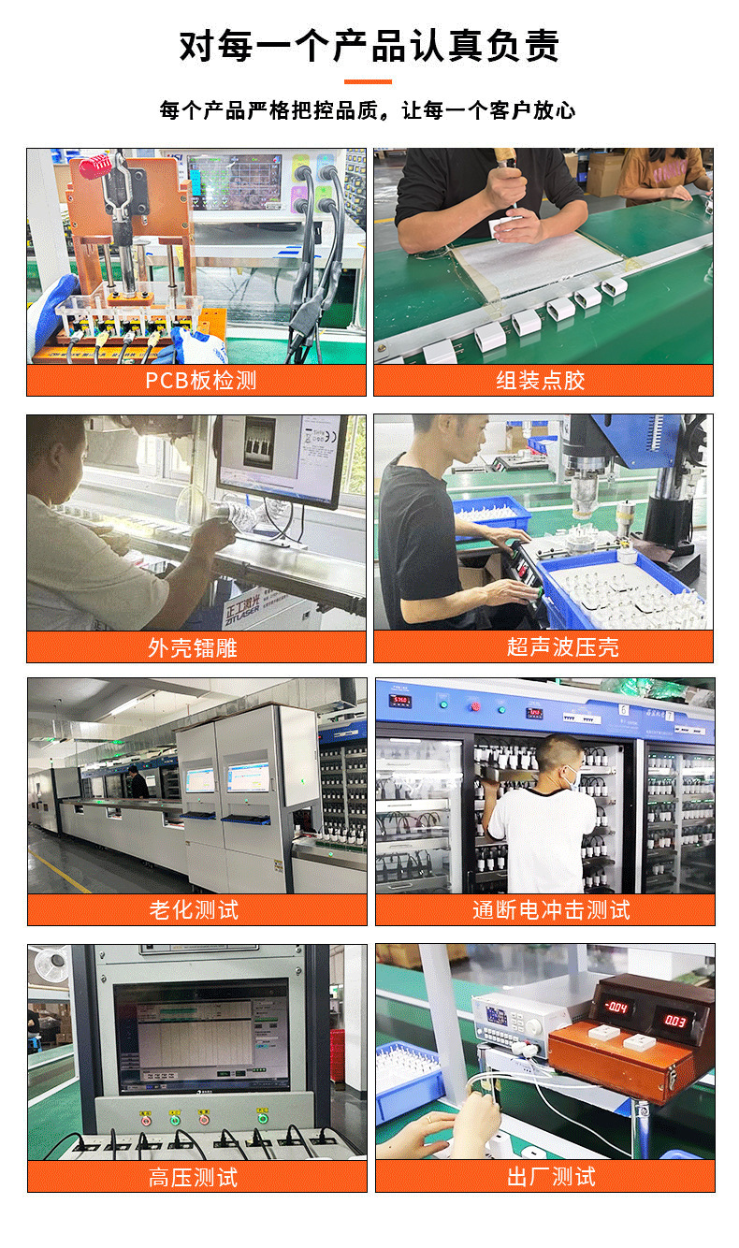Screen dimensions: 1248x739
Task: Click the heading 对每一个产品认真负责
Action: (x=369, y=45)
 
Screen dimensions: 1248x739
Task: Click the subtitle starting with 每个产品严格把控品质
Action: (x=368, y=110)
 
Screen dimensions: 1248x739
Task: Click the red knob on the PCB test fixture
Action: (x=94, y=167)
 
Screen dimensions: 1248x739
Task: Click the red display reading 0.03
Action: (x=676, y=1019)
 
